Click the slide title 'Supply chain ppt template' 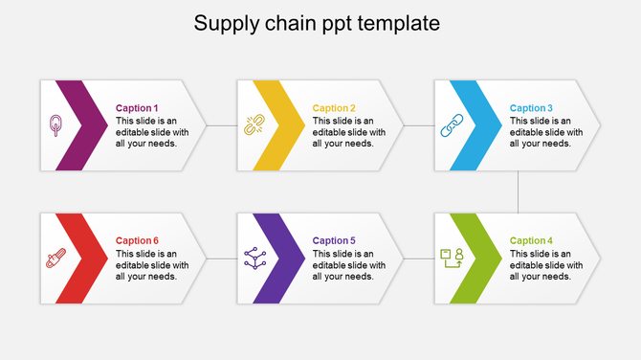pos(317,23)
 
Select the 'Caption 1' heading pos(137,108)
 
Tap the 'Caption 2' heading pos(334,108)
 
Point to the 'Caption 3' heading pos(531,108)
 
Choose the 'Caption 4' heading pos(531,241)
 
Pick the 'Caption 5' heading pos(334,241)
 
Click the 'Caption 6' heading pos(137,241)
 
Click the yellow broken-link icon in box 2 pos(254,125)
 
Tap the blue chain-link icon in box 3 pos(451,125)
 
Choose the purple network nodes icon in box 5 pos(254,258)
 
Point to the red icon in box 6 pos(55,259)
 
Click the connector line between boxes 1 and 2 pos(222,125)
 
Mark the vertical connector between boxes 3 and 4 pos(518,191)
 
